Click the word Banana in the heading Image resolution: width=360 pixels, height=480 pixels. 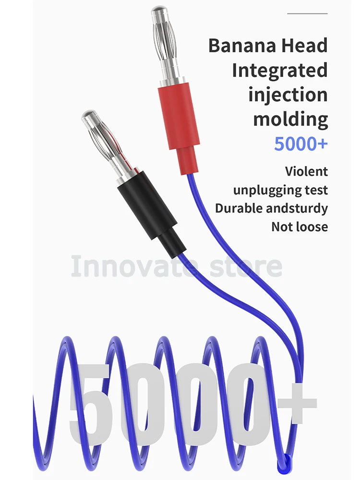[236, 46]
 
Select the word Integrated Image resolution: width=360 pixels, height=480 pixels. [280, 71]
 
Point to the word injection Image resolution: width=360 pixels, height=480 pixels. [288, 95]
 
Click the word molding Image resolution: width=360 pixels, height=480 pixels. [290, 119]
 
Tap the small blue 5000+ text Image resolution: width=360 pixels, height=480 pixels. [301, 144]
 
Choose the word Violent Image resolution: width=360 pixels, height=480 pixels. [306, 171]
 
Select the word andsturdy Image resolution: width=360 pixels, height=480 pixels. [297, 208]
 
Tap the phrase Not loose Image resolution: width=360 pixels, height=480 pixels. [300, 227]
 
